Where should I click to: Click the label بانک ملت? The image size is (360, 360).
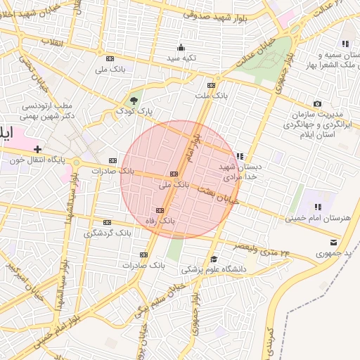[x=212, y=94]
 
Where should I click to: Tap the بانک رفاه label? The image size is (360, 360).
[x=159, y=221]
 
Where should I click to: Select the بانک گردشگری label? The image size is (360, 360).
[x=108, y=233]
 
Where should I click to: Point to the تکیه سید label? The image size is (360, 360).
[x=181, y=58]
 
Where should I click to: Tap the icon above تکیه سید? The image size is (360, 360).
[x=181, y=47]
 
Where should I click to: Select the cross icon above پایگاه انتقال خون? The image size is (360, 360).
[x=37, y=149]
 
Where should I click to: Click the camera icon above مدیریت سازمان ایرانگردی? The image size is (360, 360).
[x=317, y=103]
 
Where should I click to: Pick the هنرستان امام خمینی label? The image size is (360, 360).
[x=317, y=218]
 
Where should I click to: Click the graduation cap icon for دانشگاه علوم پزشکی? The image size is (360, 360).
[x=214, y=259]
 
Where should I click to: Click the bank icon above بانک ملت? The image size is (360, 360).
[x=211, y=84]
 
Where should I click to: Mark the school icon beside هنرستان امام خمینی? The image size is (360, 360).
[x=317, y=207]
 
